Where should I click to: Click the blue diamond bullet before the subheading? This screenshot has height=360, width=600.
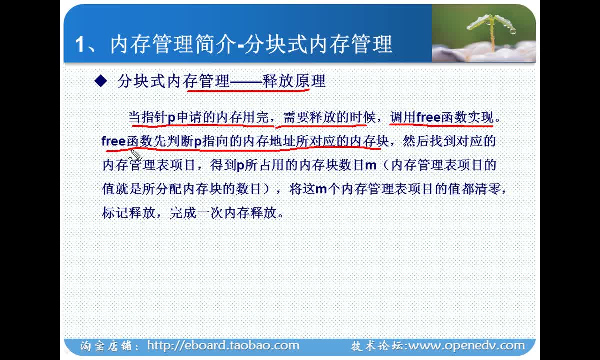101,81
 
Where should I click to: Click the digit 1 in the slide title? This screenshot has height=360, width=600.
80,44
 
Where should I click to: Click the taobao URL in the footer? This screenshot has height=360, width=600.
223,345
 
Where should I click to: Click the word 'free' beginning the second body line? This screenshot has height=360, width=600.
114,141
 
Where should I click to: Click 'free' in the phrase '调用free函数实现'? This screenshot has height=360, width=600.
428,117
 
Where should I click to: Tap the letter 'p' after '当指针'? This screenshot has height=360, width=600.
171,118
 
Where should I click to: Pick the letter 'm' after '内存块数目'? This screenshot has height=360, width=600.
371,165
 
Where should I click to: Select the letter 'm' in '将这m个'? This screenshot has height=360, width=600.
321,189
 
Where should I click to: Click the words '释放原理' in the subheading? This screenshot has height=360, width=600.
294,81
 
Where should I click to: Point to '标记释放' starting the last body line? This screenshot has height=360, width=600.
128,213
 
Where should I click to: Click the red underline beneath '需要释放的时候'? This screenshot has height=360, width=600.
321,125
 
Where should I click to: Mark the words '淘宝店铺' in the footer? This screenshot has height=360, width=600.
106,346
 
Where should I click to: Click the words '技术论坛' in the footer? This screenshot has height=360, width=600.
377,346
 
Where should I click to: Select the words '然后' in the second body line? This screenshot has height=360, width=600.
415,141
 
